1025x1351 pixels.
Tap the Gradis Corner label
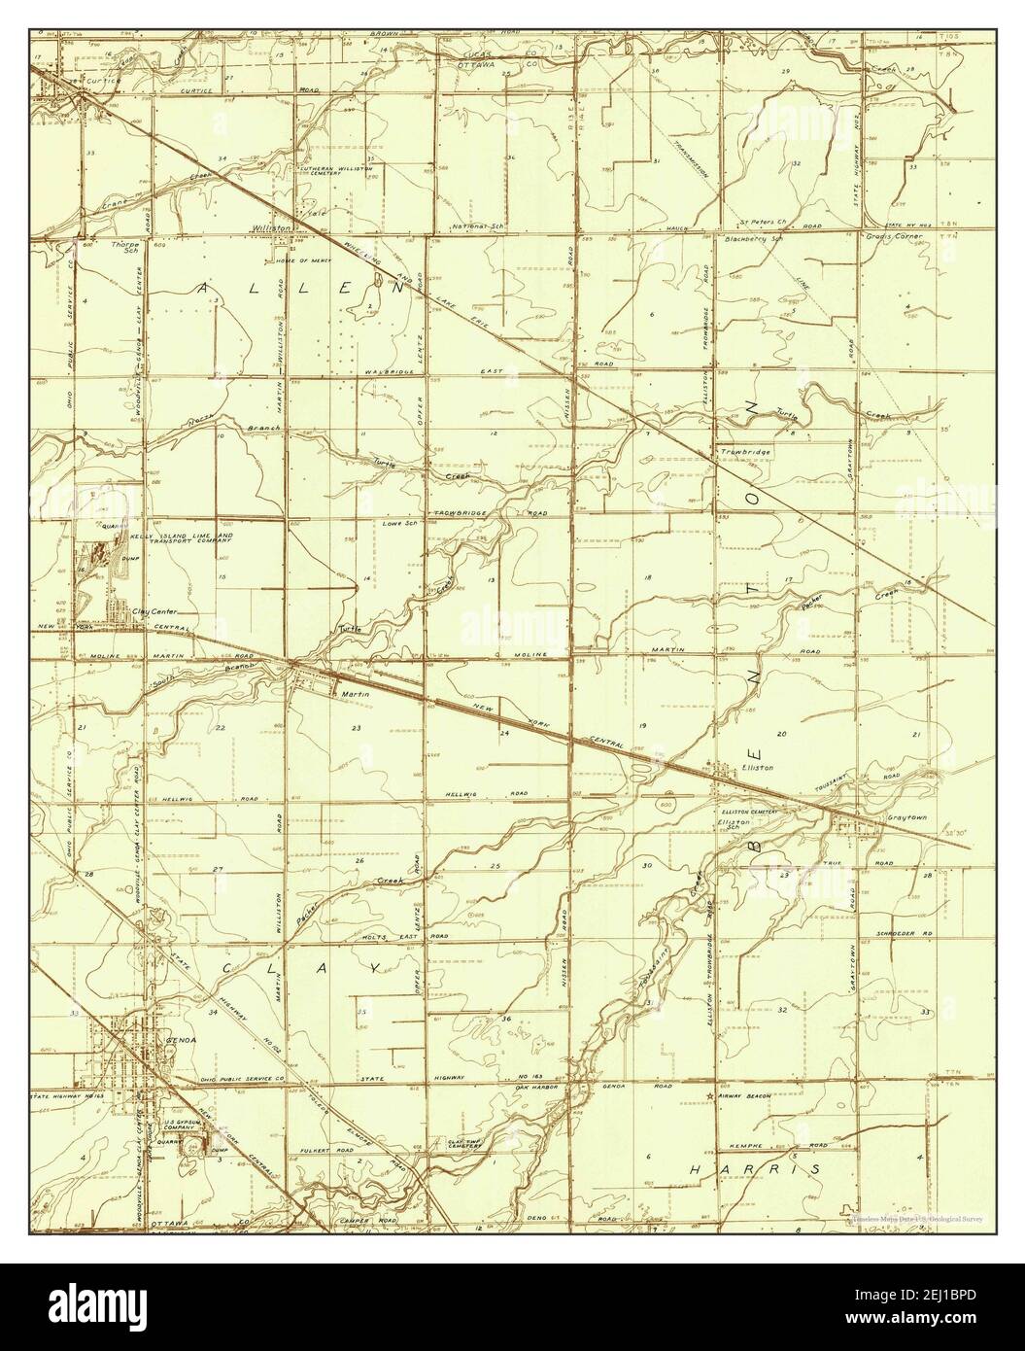point(895,236)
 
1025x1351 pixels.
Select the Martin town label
point(351,694)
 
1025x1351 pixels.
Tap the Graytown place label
point(906,818)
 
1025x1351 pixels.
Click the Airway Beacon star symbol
point(710,1096)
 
